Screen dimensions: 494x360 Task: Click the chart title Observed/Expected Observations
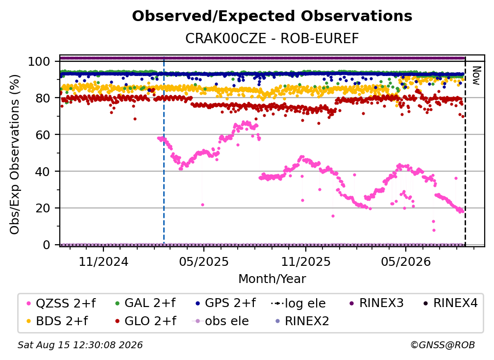pyautogui.click(x=272, y=16)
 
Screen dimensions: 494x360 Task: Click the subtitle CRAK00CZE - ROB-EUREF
pyautogui.click(x=272, y=39)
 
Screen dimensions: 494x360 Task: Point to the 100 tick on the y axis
pyautogui.click(x=39, y=61)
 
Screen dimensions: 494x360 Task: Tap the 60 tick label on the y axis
pyautogui.click(x=43, y=135)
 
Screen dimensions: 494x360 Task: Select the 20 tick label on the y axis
pyautogui.click(x=43, y=208)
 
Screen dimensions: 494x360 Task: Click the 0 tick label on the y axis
pyautogui.click(x=47, y=245)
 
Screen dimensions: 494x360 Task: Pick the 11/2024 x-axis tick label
pyautogui.click(x=103, y=261)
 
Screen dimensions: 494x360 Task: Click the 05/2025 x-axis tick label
pyautogui.click(x=204, y=261)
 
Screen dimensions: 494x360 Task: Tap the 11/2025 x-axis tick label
pyautogui.click(x=306, y=261)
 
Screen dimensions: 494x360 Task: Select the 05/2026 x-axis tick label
pyautogui.click(x=406, y=261)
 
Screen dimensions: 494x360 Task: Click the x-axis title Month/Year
pyautogui.click(x=272, y=279)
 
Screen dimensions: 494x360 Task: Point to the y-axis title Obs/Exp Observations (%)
pyautogui.click(x=15, y=154)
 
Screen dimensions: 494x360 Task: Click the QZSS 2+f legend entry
pyautogui.click(x=61, y=303)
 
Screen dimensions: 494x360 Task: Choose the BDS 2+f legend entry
pyautogui.click(x=57, y=321)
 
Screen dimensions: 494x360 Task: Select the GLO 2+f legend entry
pyautogui.click(x=146, y=321)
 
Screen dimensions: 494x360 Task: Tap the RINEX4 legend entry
pyautogui.click(x=450, y=303)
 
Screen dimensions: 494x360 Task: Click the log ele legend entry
pyautogui.click(x=298, y=303)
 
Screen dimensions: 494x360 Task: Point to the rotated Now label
pyautogui.click(x=476, y=76)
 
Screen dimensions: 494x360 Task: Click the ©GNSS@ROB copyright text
pyautogui.click(x=443, y=345)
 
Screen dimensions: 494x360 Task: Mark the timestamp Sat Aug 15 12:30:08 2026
pyautogui.click(x=80, y=345)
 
